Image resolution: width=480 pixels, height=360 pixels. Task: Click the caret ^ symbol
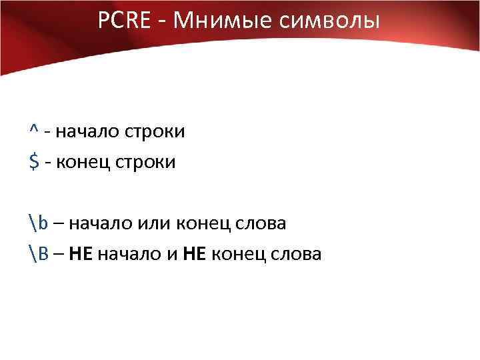point(33,131)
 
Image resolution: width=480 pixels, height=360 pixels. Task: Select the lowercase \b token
point(38,223)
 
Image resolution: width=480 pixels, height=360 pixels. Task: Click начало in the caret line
point(85,131)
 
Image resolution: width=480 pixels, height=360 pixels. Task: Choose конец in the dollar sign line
point(82,162)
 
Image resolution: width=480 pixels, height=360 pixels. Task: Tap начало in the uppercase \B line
point(127,254)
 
